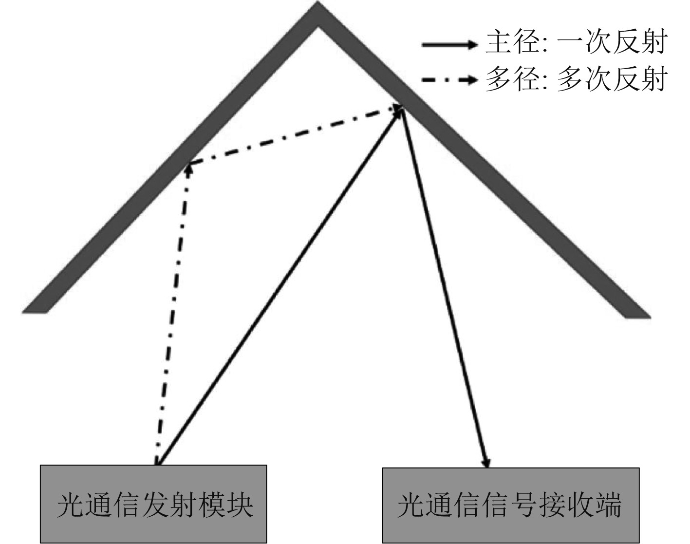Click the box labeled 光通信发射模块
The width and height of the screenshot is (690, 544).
[153, 504]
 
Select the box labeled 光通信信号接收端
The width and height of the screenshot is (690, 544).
[510, 505]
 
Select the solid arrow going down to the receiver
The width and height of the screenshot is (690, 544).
[444, 287]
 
